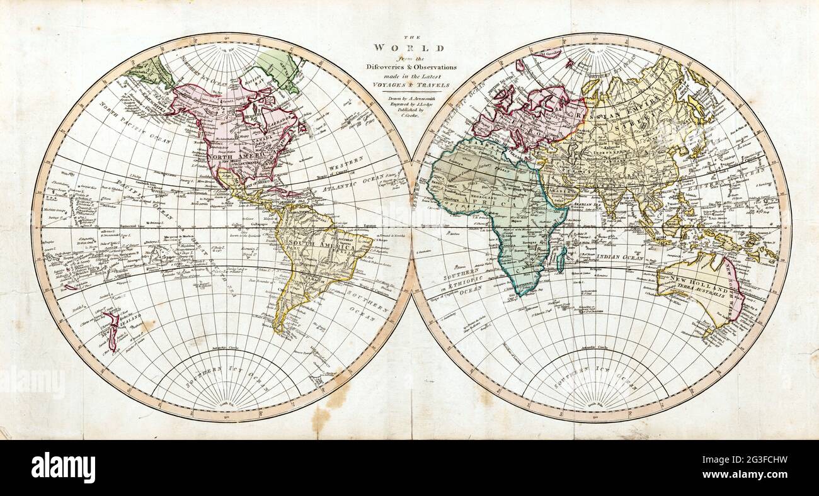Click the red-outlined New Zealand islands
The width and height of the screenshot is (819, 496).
point(112,330)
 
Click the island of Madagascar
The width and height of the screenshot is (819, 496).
point(561,258)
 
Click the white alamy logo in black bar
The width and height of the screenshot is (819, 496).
point(63,468)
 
